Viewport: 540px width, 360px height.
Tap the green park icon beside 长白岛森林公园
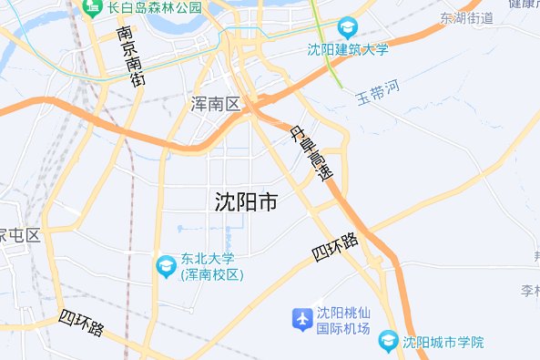[92, 7]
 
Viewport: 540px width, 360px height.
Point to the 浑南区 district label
[216, 104]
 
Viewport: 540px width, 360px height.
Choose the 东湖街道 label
[465, 18]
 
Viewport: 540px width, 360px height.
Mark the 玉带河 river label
[378, 92]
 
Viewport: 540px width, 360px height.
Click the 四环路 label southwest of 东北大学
[83, 324]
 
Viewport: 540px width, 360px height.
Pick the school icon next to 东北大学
[167, 266]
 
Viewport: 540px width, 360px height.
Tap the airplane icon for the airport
[301, 320]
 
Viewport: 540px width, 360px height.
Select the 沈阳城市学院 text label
[443, 343]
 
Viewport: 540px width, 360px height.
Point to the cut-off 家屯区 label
[20, 235]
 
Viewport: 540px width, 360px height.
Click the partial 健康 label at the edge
[524, 5]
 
